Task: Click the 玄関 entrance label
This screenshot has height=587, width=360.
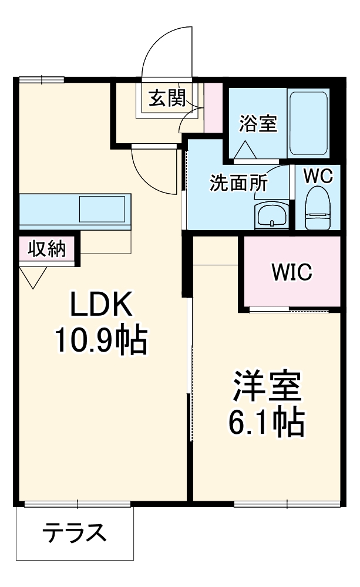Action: (x=166, y=98)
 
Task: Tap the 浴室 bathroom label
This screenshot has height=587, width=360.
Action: (x=258, y=123)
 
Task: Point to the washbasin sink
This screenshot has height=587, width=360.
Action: (x=271, y=215)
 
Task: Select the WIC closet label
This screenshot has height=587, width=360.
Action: (x=291, y=271)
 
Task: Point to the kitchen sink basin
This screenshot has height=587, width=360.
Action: (x=102, y=210)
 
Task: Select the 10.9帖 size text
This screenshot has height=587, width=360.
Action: (x=100, y=340)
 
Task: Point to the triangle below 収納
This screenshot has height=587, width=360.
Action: (x=32, y=276)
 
